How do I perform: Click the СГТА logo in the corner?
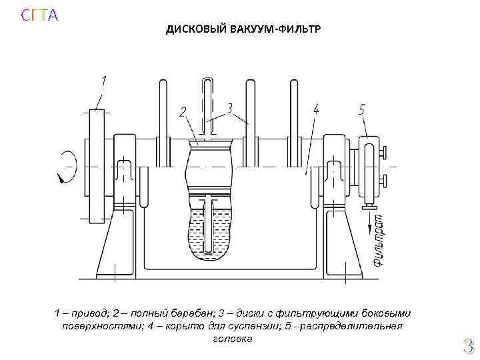[x=39, y=15]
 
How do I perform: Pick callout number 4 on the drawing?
[x=315, y=109]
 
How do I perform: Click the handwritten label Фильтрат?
[x=378, y=240]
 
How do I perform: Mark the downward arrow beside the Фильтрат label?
[x=367, y=221]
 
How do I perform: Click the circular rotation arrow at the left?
[x=67, y=165]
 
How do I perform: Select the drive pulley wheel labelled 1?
[x=98, y=165]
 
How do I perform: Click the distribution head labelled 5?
[x=368, y=167]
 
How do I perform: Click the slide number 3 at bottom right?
[x=468, y=345]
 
